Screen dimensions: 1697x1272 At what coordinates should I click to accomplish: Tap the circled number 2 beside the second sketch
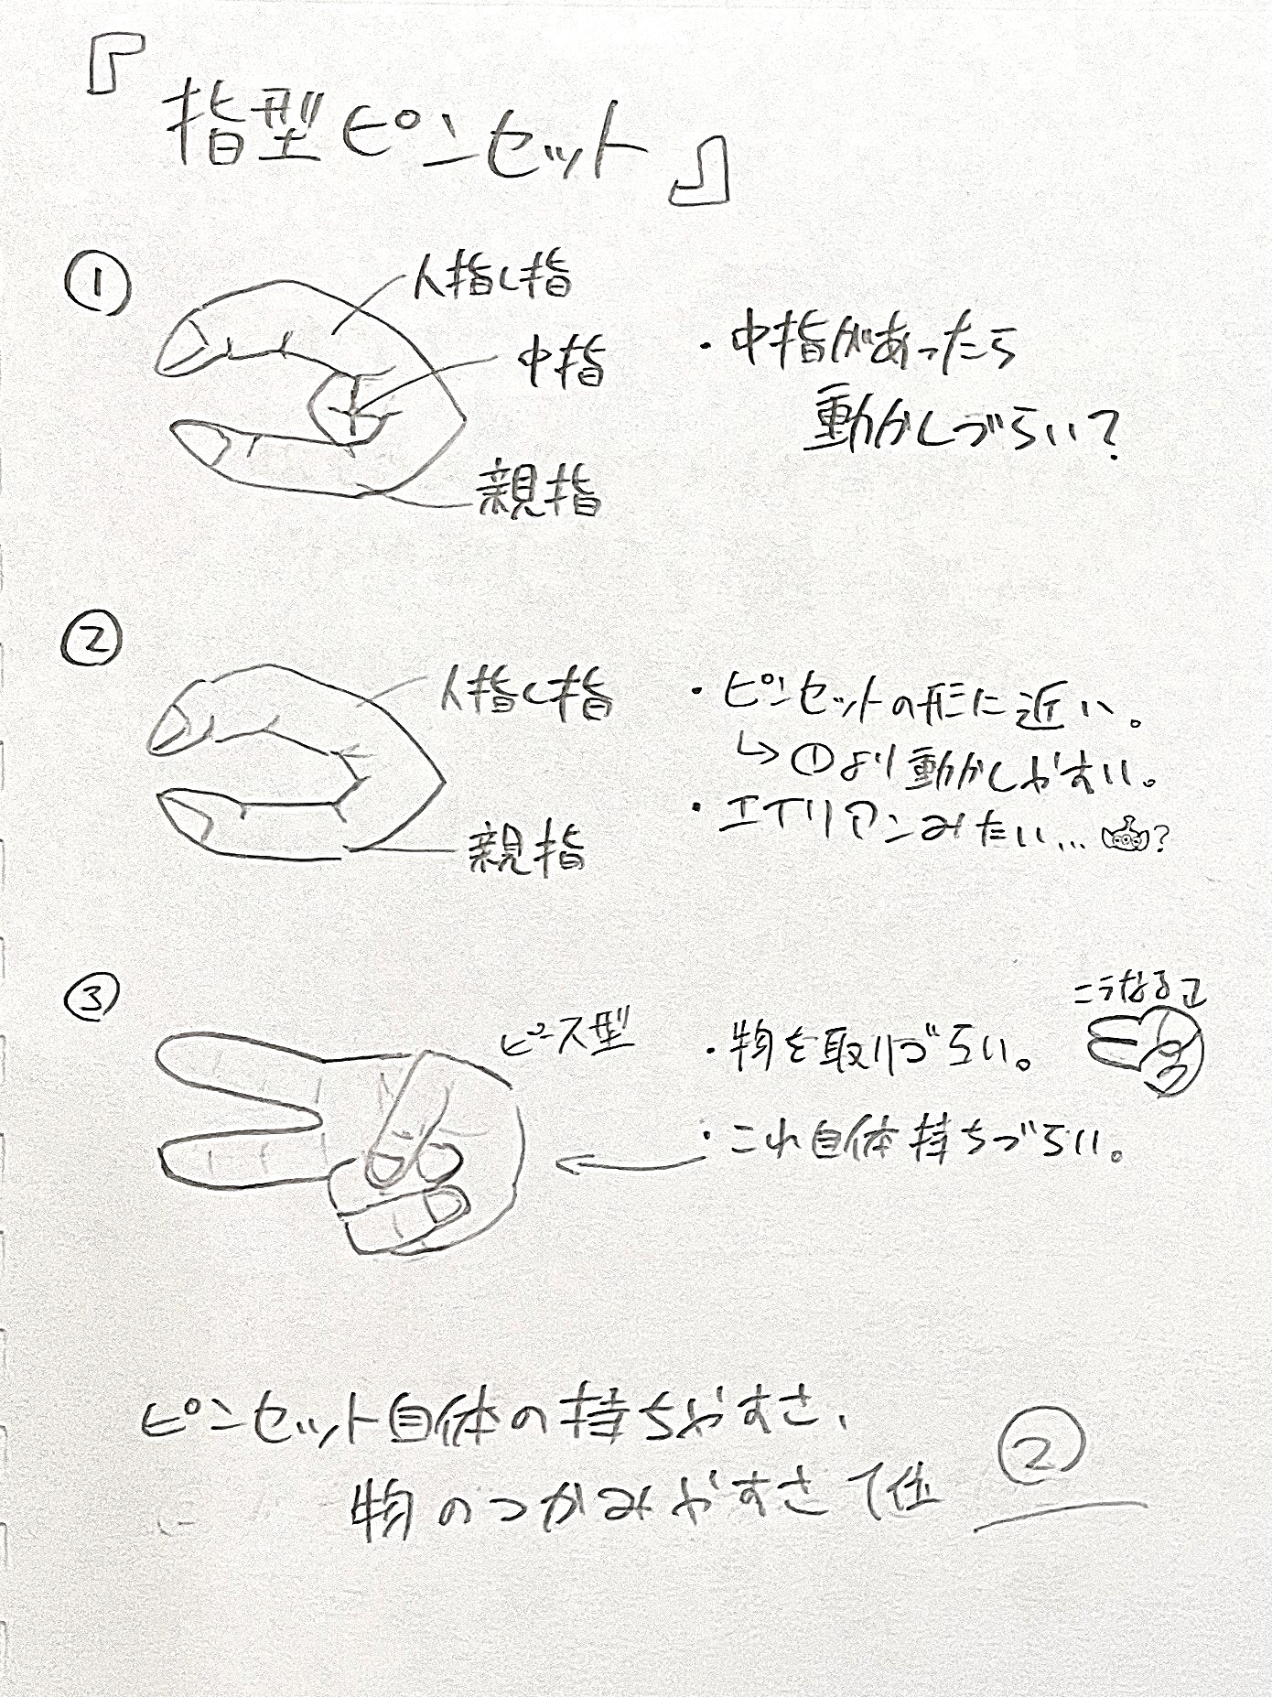[91, 640]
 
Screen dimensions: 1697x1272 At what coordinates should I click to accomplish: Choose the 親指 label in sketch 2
[526, 847]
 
